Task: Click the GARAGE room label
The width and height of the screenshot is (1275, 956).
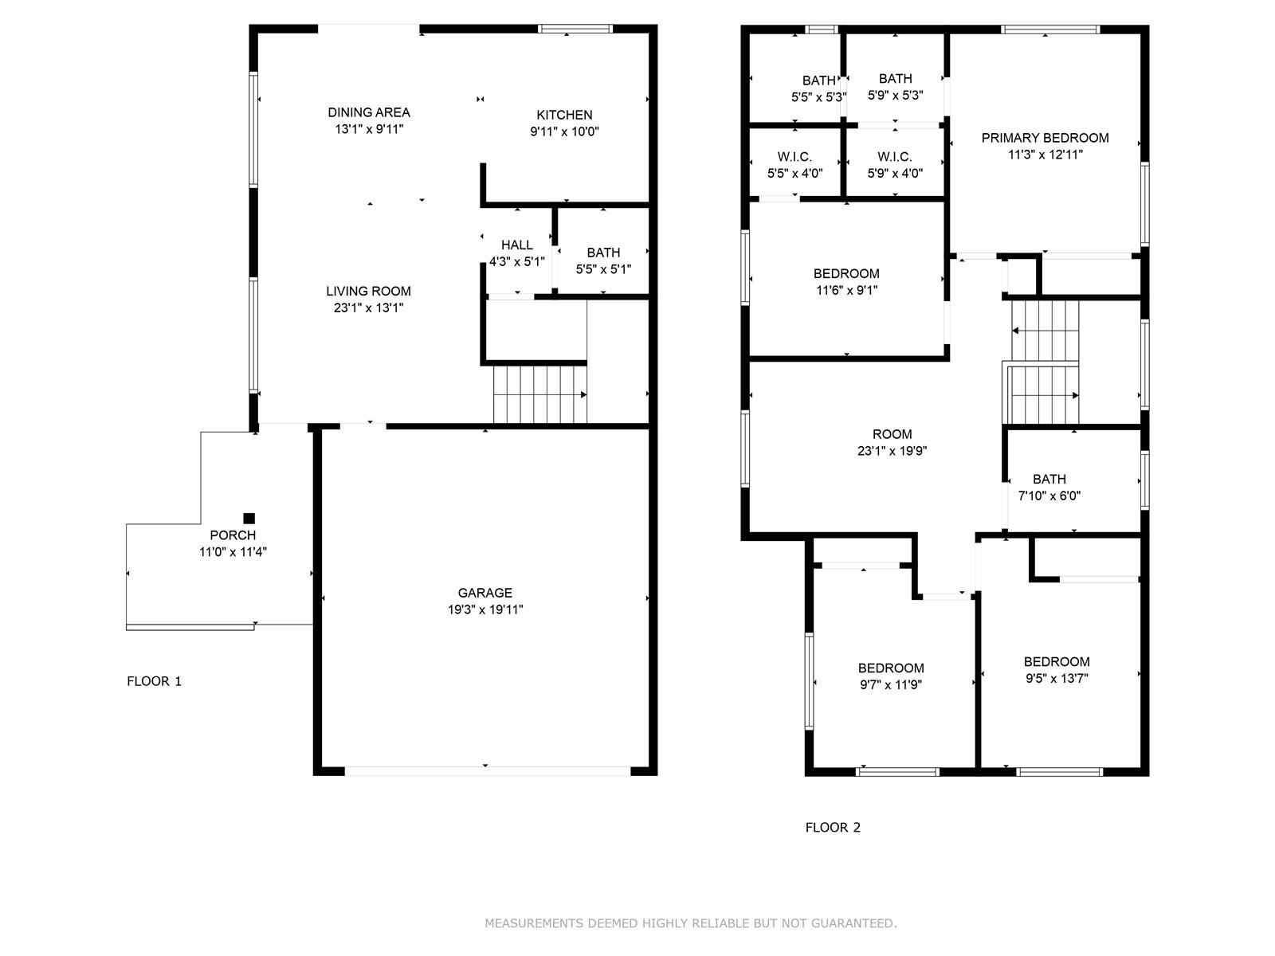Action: [485, 593]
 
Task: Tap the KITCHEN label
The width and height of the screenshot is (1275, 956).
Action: [564, 115]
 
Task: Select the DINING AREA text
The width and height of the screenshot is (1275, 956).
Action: [369, 112]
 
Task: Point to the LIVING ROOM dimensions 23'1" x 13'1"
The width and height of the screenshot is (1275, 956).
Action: [368, 308]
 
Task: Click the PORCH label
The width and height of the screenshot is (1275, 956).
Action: [233, 535]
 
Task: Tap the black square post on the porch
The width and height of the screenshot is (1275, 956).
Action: [249, 519]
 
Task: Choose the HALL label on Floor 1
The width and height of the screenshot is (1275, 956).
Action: [517, 245]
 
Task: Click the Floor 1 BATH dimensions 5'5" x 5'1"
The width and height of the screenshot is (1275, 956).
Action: [603, 269]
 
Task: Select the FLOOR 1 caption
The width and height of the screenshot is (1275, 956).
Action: [155, 681]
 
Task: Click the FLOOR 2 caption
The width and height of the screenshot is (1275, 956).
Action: [833, 827]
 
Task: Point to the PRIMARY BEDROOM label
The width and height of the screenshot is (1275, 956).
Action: [1045, 138]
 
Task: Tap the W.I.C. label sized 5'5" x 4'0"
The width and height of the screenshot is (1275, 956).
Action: [794, 157]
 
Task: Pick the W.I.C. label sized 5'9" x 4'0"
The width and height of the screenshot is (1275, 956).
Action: [895, 157]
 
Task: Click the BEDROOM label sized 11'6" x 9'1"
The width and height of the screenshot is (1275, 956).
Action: [846, 273]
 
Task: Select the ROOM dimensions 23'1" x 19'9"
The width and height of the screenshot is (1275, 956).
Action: [892, 450]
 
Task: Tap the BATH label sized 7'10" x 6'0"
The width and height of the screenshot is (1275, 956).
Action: [1049, 479]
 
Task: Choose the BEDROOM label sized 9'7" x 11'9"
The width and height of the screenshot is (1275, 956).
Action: [891, 668]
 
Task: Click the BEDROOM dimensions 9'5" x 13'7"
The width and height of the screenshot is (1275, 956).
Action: [1057, 678]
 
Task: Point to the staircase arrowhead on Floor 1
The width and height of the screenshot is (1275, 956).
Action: [583, 394]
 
